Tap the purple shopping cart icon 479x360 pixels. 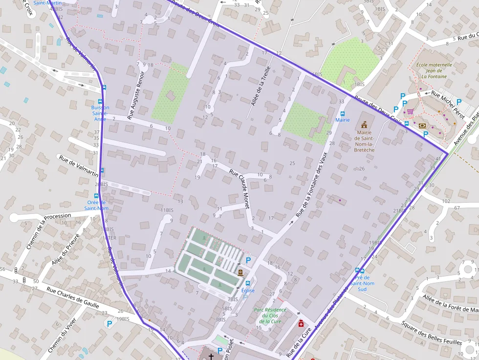coord(410,112)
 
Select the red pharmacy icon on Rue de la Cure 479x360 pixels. coord(301,323)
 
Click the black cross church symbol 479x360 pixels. coord(211,357)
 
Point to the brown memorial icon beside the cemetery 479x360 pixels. coord(240,272)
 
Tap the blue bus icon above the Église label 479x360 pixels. coord(247,283)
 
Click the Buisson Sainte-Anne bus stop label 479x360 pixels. coord(100,113)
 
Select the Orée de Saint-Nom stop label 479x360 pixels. coord(97,205)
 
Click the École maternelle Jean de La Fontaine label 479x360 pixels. coord(434,70)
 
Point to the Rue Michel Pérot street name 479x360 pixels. coord(447,104)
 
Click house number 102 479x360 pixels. coord(445,201)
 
